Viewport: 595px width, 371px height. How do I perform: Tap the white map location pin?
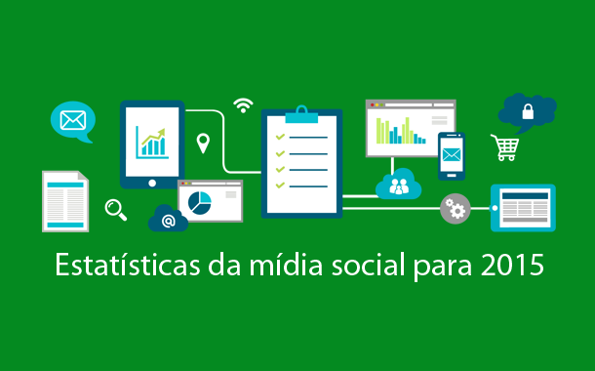pyautogui.click(x=203, y=144)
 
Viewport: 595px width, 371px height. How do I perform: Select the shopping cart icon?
pyautogui.click(x=504, y=147)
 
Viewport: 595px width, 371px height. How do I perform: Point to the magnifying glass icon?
pyautogui.click(x=116, y=208)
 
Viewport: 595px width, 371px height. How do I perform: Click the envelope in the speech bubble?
pyautogui.click(x=72, y=121)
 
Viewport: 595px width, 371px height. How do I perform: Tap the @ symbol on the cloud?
pyautogui.click(x=168, y=222)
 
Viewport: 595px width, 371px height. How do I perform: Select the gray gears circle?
pyautogui.click(x=455, y=207)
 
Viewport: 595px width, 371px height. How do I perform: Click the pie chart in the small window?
pyautogui.click(x=200, y=201)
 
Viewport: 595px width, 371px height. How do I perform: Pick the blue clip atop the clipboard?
pyautogui.click(x=301, y=114)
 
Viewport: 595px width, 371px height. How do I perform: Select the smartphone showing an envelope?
pyautogui.click(x=452, y=156)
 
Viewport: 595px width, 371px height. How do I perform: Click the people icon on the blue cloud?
pyautogui.click(x=399, y=185)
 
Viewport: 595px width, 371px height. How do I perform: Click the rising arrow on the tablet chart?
pyautogui.click(x=152, y=140)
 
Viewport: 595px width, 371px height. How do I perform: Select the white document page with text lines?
pyautogui.click(x=65, y=201)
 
